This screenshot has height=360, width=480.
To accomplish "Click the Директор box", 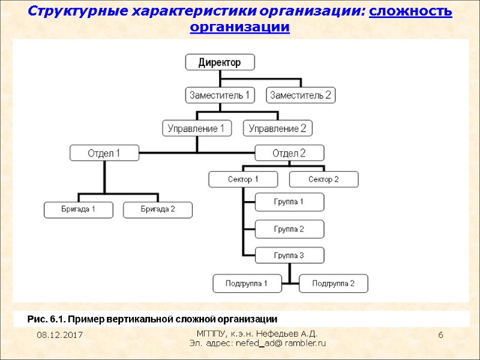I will [220, 62].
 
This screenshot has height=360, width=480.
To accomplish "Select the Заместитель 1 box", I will [220, 95].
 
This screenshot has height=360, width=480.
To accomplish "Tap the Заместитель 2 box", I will [301, 95].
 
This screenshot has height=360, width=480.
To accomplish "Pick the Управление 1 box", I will [197, 128].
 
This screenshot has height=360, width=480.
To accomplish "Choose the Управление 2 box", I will [277, 128].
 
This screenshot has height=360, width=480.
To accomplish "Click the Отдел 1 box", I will [104, 153].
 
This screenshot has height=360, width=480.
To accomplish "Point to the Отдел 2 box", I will [289, 153].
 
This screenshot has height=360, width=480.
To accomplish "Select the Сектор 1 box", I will [243, 179].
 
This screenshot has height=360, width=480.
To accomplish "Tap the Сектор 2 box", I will [323, 179].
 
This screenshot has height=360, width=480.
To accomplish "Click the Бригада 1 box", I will [79, 209].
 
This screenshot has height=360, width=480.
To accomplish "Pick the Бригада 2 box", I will [158, 209].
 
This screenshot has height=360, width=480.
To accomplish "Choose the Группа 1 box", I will [289, 202].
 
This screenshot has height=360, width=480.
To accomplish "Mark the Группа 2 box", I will [289, 229].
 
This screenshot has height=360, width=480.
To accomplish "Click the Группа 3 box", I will [289, 255].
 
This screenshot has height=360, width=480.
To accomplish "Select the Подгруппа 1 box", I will [247, 283].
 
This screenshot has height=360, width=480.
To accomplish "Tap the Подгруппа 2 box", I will [333, 283].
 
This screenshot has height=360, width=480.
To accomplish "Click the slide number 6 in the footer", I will [440, 334].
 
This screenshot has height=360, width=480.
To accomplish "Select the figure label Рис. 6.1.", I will [49, 318].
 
